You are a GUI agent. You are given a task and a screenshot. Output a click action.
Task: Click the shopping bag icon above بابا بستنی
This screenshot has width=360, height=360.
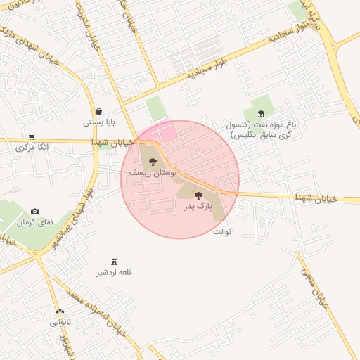(98, 111)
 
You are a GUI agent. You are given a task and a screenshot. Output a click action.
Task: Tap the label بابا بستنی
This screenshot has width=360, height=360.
(99, 122)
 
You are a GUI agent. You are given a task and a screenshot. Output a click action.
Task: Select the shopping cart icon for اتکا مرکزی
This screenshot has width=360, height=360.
(32, 137)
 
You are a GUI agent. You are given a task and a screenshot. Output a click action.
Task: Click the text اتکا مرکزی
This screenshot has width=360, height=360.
(32, 148)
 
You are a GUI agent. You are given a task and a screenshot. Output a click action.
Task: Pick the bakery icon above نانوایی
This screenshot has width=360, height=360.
(60, 311)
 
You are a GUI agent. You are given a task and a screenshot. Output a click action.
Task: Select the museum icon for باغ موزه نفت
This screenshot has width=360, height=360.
(262, 114)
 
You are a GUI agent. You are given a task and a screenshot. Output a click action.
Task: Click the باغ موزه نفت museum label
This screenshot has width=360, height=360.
(261, 129)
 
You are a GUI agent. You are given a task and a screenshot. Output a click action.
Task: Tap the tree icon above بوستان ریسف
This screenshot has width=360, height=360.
(153, 162)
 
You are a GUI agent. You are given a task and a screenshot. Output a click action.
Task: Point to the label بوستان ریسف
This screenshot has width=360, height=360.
(153, 172)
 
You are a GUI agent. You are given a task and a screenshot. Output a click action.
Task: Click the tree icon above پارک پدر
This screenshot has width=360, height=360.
(198, 195)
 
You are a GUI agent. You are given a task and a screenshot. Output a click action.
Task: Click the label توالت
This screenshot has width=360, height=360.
(221, 231)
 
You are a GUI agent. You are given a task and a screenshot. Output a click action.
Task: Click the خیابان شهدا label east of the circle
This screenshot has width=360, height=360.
(317, 200)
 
